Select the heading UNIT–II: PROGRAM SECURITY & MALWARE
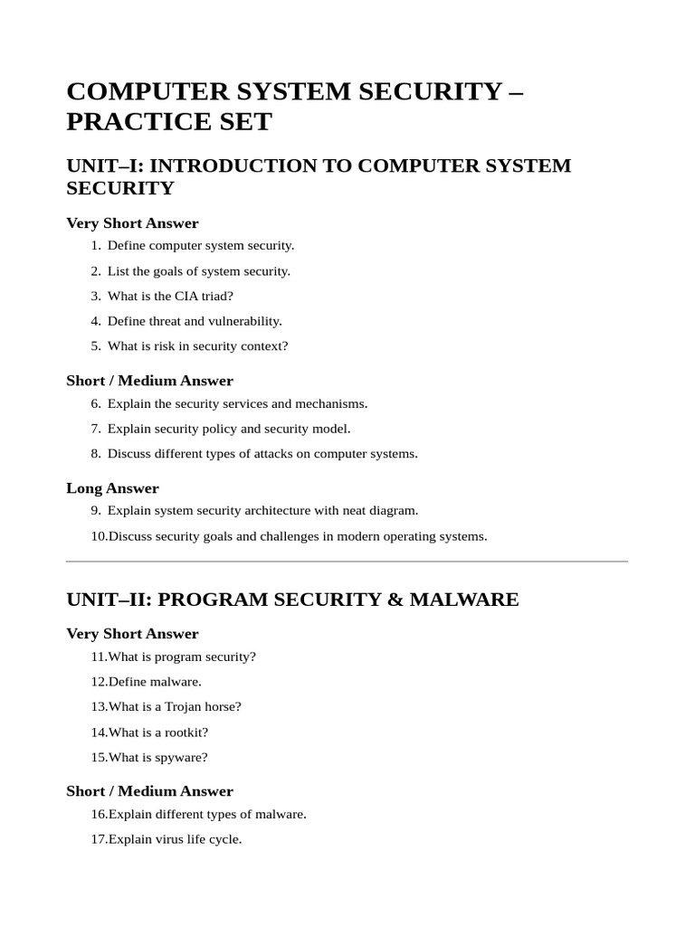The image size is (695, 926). pyautogui.click(x=292, y=600)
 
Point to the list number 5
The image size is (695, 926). pyautogui.click(x=96, y=346)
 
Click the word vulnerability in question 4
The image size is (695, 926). pyautogui.click(x=246, y=321)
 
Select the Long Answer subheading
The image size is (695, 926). pyautogui.click(x=112, y=488)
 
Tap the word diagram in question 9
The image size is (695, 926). pyautogui.click(x=392, y=511)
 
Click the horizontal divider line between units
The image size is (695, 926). pyautogui.click(x=347, y=562)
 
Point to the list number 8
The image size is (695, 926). pyautogui.click(x=96, y=454)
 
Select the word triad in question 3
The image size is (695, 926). pyautogui.click(x=218, y=296)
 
